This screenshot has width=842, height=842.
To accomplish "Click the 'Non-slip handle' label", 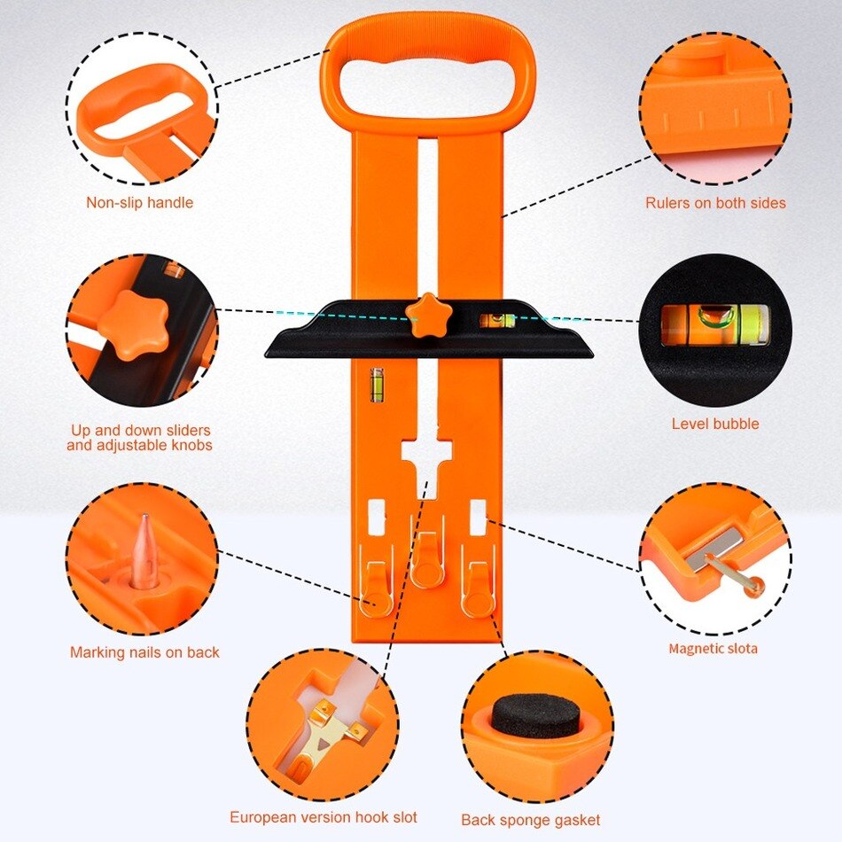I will [x=139, y=203].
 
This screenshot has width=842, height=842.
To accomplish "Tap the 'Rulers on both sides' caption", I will [x=715, y=203].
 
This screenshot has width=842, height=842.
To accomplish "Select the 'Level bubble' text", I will [x=714, y=424].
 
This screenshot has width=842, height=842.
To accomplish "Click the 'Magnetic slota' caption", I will [x=713, y=649].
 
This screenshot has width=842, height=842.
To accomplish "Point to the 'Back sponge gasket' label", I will [x=530, y=820].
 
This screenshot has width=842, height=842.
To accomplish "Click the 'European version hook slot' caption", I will [x=323, y=817].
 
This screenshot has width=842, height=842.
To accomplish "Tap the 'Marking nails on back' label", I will [x=144, y=652].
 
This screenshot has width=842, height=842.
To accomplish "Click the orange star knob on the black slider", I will [x=429, y=313].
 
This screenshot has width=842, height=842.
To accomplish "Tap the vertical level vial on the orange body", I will [x=376, y=384].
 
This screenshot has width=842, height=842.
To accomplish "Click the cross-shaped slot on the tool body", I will [x=426, y=456].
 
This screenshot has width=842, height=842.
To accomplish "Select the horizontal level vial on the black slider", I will [x=497, y=320].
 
